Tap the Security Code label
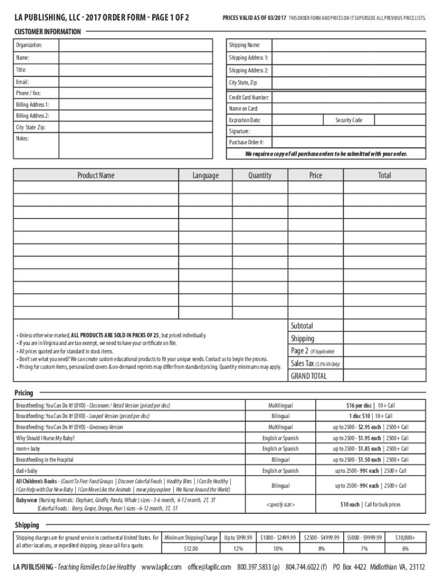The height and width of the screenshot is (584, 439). tap(348, 120)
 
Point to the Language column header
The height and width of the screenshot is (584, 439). tap(205, 176)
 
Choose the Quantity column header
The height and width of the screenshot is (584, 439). tap(259, 176)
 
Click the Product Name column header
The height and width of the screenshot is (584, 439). tap(96, 176)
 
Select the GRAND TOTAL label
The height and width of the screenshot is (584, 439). tap(308, 376)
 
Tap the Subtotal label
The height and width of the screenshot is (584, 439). tap(302, 326)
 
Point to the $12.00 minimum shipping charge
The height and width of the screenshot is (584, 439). tap(191, 549)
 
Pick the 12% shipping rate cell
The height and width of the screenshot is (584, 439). tap(238, 549)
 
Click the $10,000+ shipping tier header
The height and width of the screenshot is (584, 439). tap(405, 537)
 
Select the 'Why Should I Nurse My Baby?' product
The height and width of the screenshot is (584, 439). tap(45, 438)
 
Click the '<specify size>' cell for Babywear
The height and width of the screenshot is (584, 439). tap(280, 505)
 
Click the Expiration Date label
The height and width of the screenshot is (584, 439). tap(245, 120)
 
